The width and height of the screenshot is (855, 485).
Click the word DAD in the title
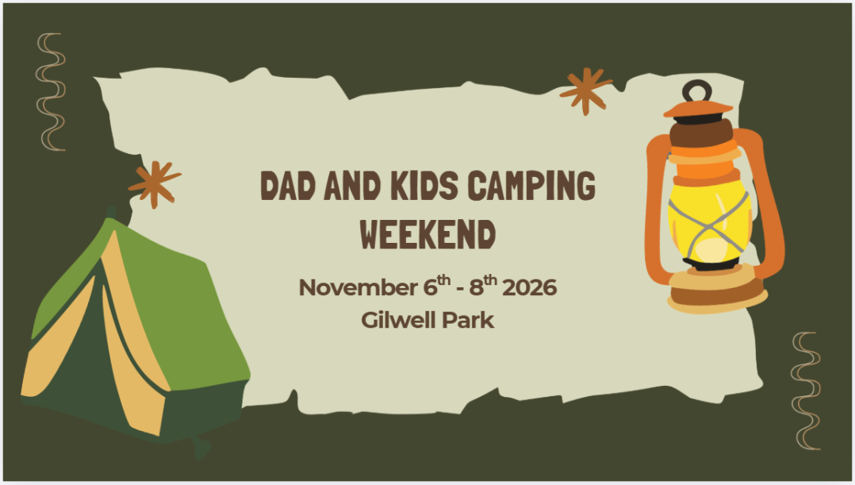(288, 186)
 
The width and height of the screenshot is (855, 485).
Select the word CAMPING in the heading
(531, 186)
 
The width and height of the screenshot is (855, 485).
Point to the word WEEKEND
(428, 235)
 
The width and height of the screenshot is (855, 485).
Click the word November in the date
(358, 287)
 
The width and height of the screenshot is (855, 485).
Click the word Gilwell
(399, 320)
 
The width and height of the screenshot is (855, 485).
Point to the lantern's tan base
(717, 293)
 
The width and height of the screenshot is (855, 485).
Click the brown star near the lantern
(585, 90)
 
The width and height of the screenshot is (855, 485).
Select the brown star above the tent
(155, 184)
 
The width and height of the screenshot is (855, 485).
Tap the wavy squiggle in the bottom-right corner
(805, 391)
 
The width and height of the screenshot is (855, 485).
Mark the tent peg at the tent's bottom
(201, 448)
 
